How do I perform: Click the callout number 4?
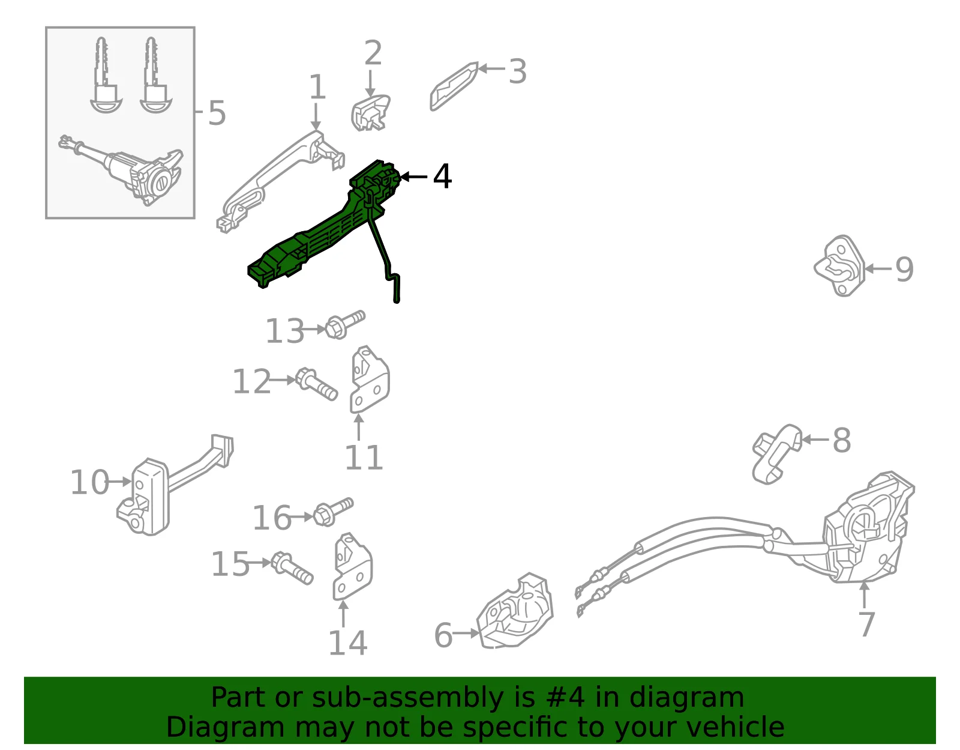pos(442,176)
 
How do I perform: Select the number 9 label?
pos(904,269)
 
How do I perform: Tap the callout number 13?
pos(284,331)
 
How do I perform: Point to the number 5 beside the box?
pos(217,113)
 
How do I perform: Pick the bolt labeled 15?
pos(292,569)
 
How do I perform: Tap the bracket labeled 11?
pos(370,380)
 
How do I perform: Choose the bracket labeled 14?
pos(352,566)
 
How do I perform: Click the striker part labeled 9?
pos(839,265)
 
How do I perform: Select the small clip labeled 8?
pos(776,455)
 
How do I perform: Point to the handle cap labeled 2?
pos(370,113)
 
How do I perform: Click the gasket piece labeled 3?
pos(454,86)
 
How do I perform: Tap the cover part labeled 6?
pos(515,611)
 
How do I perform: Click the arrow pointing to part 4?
pos(413,177)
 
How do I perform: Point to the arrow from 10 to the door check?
pos(120,482)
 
